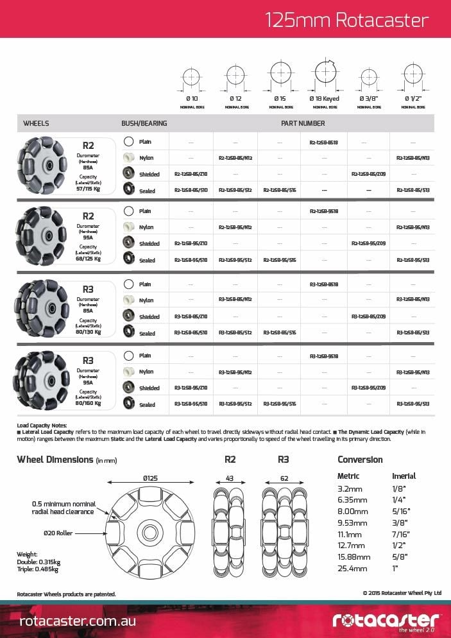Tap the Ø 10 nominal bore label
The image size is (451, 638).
[x=192, y=99]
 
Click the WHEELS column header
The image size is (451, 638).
[x=36, y=123]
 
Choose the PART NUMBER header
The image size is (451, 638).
[x=303, y=123]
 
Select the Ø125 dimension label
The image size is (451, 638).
[x=151, y=478]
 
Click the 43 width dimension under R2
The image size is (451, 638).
[x=230, y=478]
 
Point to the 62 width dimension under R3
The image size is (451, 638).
[x=284, y=478]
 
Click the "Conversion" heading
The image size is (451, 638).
[x=360, y=460]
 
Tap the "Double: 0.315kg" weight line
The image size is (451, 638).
[x=37, y=562]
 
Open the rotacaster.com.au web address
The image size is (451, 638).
[x=77, y=621]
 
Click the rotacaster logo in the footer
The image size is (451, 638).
[x=386, y=619]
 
